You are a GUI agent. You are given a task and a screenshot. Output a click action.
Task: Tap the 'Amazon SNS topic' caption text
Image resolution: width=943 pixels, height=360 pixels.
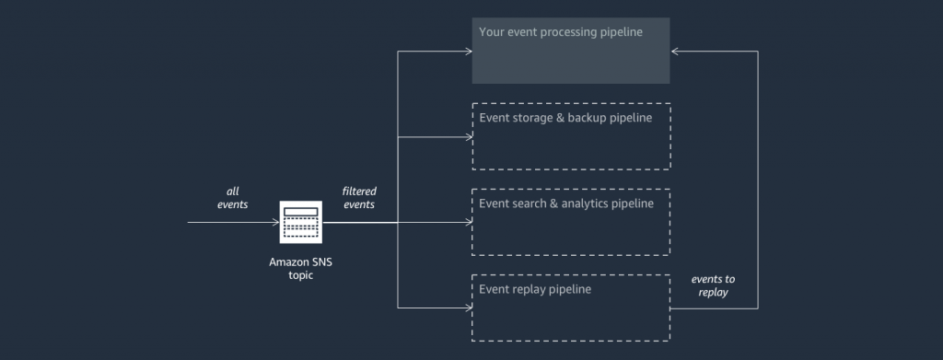click(x=300, y=268)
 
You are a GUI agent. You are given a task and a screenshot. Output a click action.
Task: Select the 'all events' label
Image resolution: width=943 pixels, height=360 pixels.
click(x=232, y=198)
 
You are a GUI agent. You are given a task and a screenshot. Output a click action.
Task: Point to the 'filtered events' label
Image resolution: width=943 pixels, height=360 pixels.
click(x=359, y=198)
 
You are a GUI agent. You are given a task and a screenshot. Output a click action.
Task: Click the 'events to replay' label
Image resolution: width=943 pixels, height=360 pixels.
click(x=713, y=285)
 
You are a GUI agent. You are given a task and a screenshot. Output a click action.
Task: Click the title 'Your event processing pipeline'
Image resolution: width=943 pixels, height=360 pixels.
click(x=560, y=32)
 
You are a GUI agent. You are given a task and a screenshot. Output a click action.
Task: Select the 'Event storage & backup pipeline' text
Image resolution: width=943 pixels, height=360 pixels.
click(x=565, y=118)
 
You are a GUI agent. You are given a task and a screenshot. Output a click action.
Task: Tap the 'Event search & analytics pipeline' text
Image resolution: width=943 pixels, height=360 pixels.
click(x=566, y=203)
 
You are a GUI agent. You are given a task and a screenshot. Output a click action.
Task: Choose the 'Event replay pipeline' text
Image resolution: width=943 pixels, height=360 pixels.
click(x=535, y=289)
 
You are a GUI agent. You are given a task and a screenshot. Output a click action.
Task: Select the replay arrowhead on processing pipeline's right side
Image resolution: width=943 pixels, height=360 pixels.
click(x=675, y=52)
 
